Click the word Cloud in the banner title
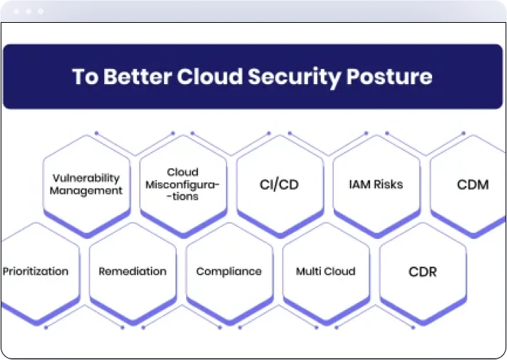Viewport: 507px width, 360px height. [210, 76]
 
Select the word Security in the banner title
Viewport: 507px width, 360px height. [295, 78]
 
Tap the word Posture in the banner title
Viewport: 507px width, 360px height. [389, 76]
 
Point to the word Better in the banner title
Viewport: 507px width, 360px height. [138, 76]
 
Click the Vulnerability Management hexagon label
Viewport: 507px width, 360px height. [86, 184]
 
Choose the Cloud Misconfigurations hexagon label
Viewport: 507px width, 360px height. [183, 184]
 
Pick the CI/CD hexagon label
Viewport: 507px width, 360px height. [279, 185]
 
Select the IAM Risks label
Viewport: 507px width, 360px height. [376, 184]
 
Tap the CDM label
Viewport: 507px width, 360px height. [473, 185]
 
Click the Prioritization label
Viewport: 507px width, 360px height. [36, 271]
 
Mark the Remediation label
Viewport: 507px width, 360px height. [133, 271]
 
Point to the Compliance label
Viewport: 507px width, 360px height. [229, 272]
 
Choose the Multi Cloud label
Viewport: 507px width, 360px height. [326, 271]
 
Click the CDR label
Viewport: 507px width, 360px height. [423, 272]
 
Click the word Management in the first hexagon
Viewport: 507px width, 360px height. [86, 190]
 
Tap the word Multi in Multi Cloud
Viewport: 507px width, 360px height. [307, 271]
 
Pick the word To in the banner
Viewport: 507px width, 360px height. [85, 76]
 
